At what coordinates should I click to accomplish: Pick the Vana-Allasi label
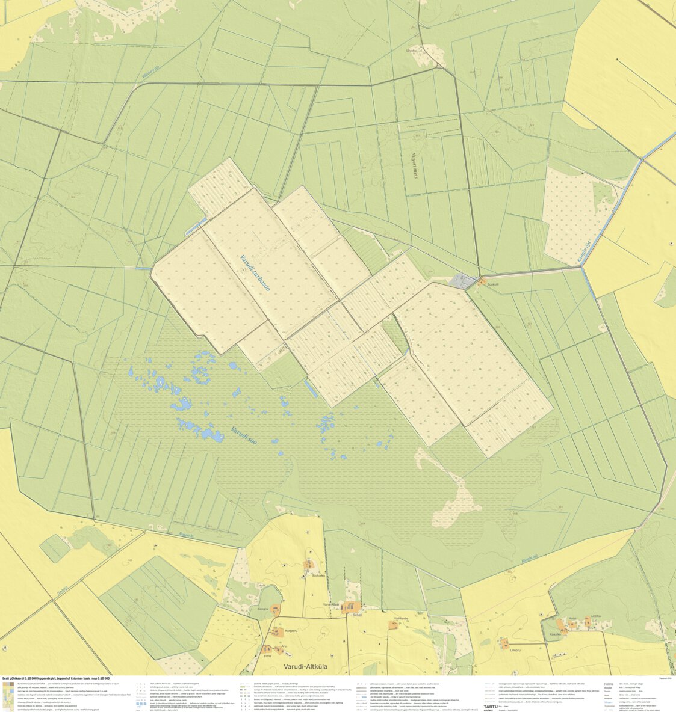(x=331, y=604)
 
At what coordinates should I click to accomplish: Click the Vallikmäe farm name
(x=402, y=618)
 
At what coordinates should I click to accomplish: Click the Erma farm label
(x=267, y=656)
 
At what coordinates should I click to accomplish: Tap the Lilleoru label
(x=515, y=650)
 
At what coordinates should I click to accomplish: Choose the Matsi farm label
(x=572, y=617)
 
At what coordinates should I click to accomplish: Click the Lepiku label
(x=596, y=616)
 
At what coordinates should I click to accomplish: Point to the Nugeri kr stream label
(x=187, y=534)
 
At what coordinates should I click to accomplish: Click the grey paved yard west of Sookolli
(x=464, y=280)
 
